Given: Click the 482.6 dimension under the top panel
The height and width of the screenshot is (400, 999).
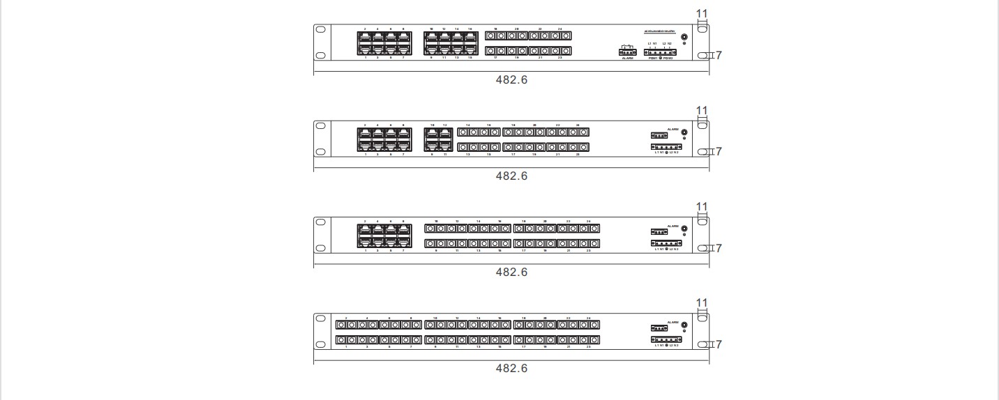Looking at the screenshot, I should [511, 79].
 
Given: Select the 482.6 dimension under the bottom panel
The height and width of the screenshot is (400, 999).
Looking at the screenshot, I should [511, 368].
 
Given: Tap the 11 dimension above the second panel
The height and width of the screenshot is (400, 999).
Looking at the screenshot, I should [702, 110].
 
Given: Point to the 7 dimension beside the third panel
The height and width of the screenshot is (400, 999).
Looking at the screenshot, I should [719, 248].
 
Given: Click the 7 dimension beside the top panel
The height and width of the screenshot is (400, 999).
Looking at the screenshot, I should [719, 55].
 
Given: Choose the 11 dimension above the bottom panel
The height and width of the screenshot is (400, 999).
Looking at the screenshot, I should [702, 302].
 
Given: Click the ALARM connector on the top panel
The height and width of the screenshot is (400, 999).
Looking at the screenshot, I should [627, 51].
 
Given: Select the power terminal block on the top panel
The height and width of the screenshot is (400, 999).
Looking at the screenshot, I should [659, 52].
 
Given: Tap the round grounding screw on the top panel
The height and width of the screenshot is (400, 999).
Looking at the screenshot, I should [684, 36].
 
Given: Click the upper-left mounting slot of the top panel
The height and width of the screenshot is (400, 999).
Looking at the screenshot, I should [321, 31].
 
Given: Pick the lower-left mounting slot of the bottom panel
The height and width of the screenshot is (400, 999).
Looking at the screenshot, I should [321, 344].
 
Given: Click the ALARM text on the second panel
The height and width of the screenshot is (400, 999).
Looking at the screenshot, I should [673, 129].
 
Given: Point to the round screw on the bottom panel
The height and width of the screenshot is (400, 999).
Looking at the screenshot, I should [684, 325].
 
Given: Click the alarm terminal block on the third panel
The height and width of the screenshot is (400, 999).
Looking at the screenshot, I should [659, 231].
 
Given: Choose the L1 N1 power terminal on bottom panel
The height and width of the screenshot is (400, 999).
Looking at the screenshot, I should [666, 339].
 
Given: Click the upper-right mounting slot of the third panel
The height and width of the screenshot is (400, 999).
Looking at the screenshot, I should [703, 222].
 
